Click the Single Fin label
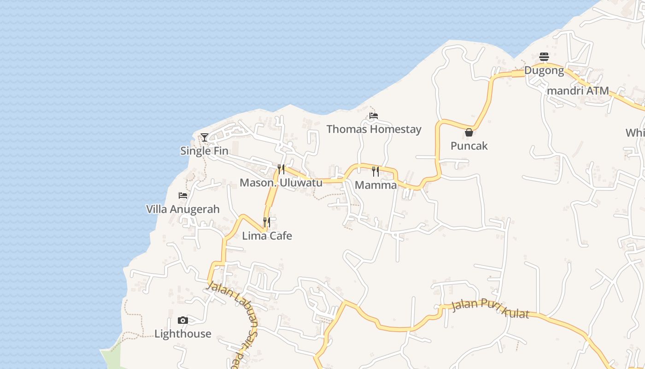[x=204, y=151]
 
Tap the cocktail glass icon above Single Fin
[x=205, y=137]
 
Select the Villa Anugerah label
[x=183, y=209]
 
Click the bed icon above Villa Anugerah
[x=183, y=196]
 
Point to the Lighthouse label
[x=183, y=333]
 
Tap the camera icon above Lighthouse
[x=183, y=321]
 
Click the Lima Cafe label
[x=267, y=236]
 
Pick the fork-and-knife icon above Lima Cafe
[x=267, y=222]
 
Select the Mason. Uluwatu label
[x=281, y=183]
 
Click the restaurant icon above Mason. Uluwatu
[x=281, y=169]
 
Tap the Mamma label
[x=376, y=185]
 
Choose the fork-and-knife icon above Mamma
[x=375, y=172]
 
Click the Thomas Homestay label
[x=374, y=129]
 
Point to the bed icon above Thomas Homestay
[x=374, y=116]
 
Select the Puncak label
[x=469, y=146]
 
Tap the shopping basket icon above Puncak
[x=469, y=133]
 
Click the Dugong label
[x=544, y=71]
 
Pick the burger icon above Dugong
[x=544, y=57]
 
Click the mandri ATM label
[x=578, y=91]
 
